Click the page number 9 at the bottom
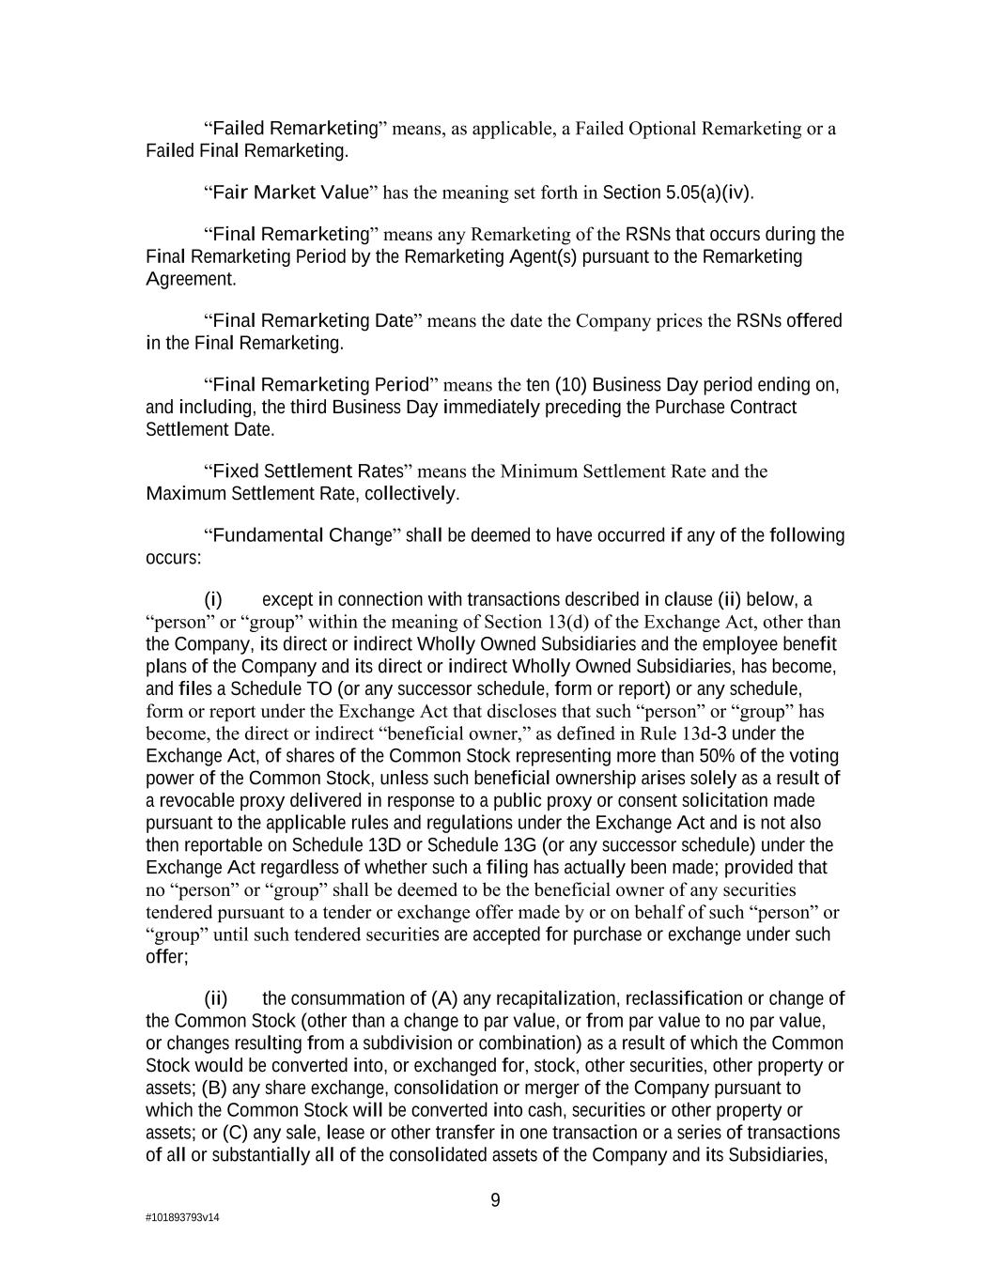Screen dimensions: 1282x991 pyautogui.click(x=495, y=1199)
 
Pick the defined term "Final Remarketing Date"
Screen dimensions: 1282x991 pyautogui.click(x=313, y=320)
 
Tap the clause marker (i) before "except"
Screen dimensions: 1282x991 pyautogui.click(x=213, y=599)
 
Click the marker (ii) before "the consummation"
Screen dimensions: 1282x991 pyautogui.click(x=216, y=997)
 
